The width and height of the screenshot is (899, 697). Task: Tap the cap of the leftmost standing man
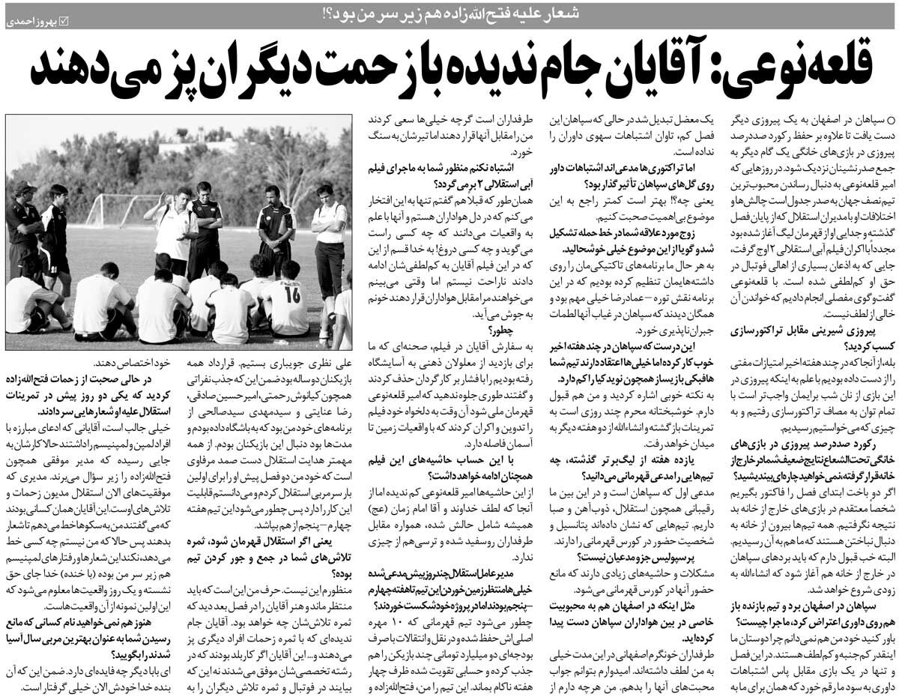point(24,187)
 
